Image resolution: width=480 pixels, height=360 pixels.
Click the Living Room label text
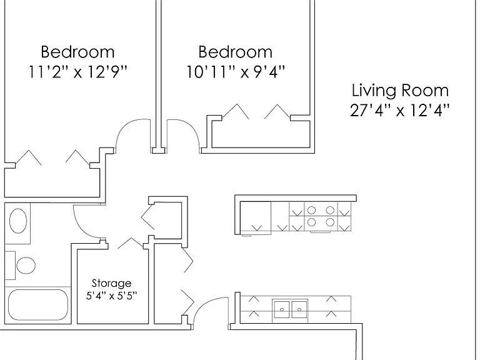coord(400,91)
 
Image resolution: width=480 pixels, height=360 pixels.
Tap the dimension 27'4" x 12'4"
coord(400,111)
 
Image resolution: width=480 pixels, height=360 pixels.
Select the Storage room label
coord(111,284)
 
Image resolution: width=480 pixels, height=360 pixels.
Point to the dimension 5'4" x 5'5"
coord(111,296)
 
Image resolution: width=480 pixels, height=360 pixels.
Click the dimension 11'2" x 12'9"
coord(77,72)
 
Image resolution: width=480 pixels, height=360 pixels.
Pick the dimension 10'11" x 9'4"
coord(236,72)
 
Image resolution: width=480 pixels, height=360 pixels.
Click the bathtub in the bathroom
coord(38,305)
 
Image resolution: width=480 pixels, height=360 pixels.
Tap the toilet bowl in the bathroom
coord(26,265)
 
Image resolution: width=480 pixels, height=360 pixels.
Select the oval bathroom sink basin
coord(18,221)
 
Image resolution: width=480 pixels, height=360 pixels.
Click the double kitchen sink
coord(290,309)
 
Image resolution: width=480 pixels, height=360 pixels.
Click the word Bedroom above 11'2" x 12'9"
coord(77,52)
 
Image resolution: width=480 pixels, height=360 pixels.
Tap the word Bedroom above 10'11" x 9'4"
coord(236,52)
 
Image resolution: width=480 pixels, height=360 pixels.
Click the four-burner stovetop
coord(321,216)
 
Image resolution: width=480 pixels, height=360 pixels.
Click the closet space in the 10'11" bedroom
coord(261,135)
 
